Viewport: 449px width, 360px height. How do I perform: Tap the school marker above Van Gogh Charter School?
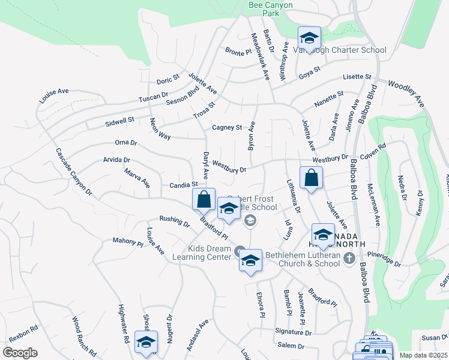pyautogui.click(x=309, y=37)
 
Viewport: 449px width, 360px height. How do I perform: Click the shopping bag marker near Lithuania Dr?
pyautogui.click(x=311, y=178)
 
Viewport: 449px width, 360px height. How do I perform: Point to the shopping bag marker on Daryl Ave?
pyautogui.click(x=203, y=199)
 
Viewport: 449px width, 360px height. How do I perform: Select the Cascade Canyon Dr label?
pyautogui.click(x=74, y=172)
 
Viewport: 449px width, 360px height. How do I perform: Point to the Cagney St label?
pyautogui.click(x=227, y=127)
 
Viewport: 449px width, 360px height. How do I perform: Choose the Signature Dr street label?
pyautogui.click(x=293, y=332)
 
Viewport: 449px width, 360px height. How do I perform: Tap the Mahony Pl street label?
pyautogui.click(x=128, y=242)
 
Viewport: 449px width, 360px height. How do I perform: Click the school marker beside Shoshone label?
pyautogui.click(x=145, y=341)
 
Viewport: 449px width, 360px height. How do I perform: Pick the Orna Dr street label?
pyautogui.click(x=126, y=143)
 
